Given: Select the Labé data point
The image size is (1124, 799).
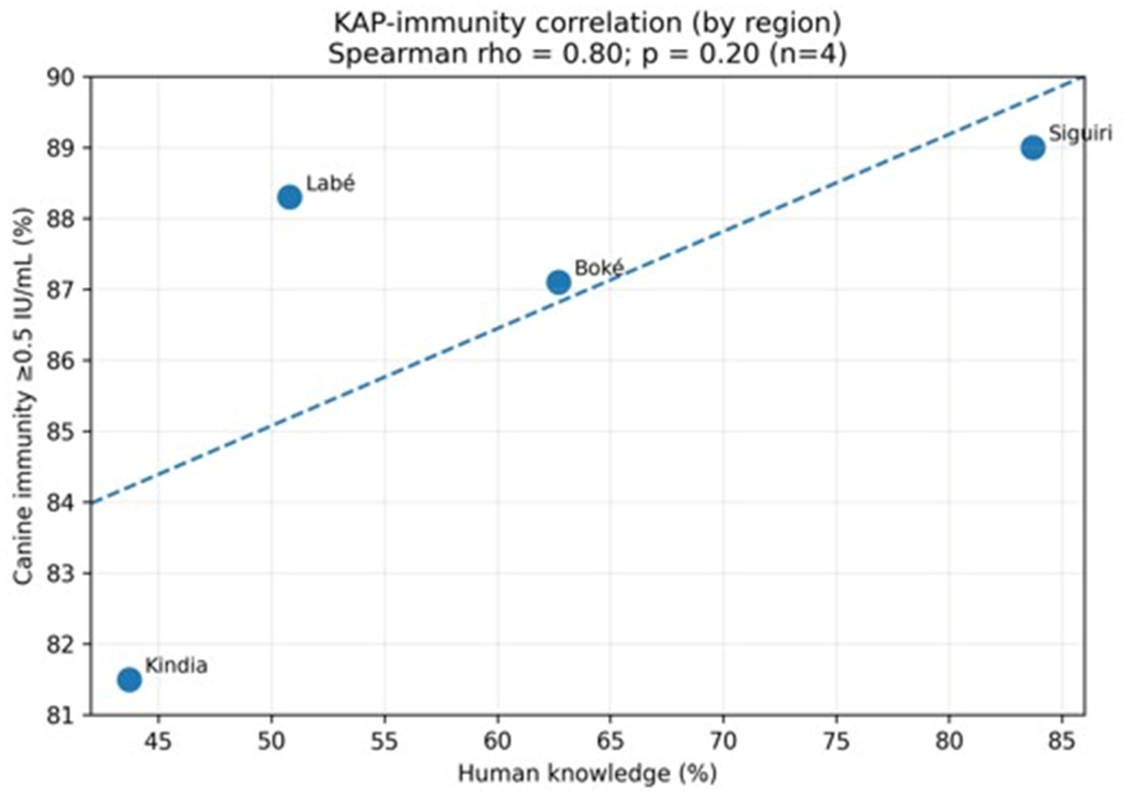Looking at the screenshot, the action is (x=290, y=197).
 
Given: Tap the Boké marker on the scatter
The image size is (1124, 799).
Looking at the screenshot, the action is (x=559, y=282).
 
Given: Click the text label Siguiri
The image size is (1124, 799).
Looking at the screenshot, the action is (x=1080, y=133).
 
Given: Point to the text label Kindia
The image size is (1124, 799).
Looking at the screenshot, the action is (x=177, y=665).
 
